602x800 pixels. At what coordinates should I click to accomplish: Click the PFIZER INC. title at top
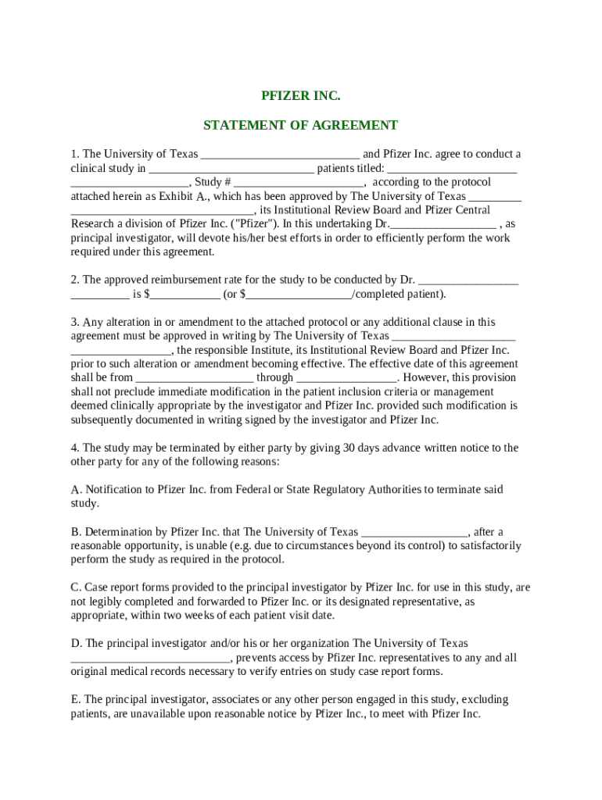point(301,96)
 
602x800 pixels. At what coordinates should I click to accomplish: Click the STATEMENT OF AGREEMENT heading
point(301,125)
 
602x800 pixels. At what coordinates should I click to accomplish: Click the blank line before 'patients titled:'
point(231,169)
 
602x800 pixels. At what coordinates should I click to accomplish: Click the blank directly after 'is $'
point(185,295)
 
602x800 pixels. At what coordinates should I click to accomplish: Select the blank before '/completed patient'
point(299,295)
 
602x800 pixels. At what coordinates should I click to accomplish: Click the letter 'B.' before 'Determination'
point(76,532)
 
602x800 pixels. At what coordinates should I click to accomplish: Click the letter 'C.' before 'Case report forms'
point(76,587)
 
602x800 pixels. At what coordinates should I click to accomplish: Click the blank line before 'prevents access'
point(150,659)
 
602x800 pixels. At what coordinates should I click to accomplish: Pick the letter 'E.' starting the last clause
point(75,699)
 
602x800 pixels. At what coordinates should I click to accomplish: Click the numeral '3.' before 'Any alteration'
point(75,322)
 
